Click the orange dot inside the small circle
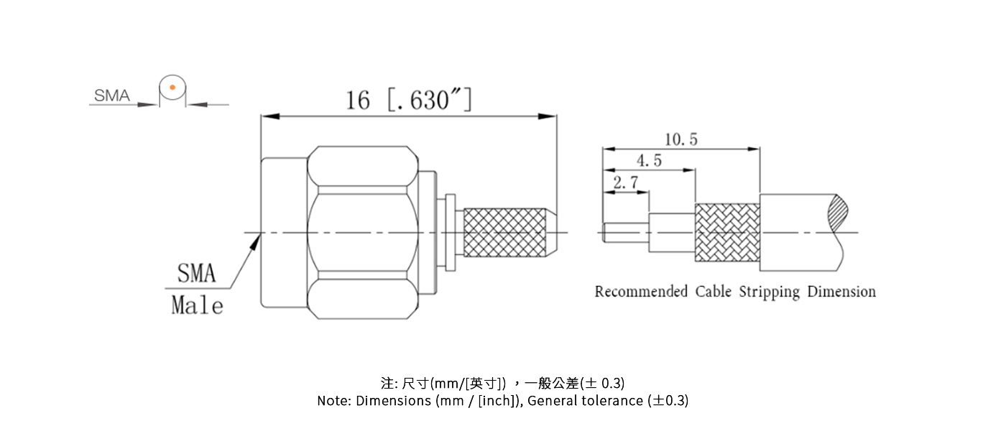coord(172,88)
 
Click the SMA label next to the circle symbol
coord(111,96)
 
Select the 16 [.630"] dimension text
coord(409,100)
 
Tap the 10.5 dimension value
coord(680,139)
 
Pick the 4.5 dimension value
coord(649,161)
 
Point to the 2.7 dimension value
coord(625,183)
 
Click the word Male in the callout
coord(197,305)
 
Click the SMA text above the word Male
coord(196,274)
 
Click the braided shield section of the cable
coord(726,232)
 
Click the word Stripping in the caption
coord(769,292)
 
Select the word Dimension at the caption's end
coord(841,292)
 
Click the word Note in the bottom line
coord(333,401)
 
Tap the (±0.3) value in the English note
coord(668,401)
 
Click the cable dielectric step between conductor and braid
coord(671,232)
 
